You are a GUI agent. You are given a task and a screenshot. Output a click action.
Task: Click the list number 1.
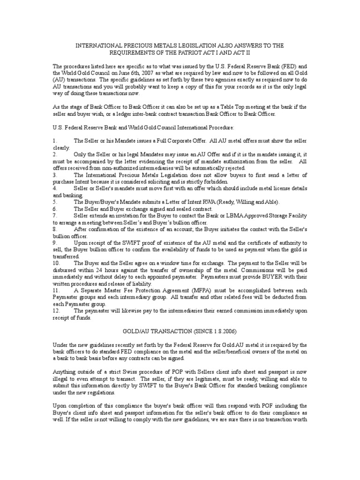[54, 141]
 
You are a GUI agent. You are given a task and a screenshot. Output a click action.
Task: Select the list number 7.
[54, 215]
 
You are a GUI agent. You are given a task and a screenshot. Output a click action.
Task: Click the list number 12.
[56, 311]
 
